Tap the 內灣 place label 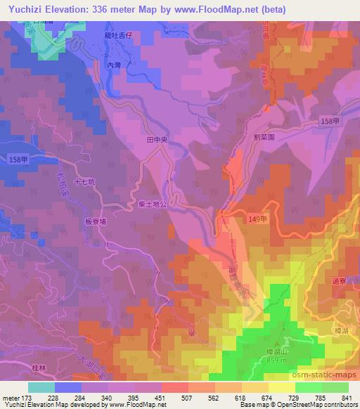pyautogui.click(x=115, y=65)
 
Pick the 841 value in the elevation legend pyautogui.click(x=346, y=396)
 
